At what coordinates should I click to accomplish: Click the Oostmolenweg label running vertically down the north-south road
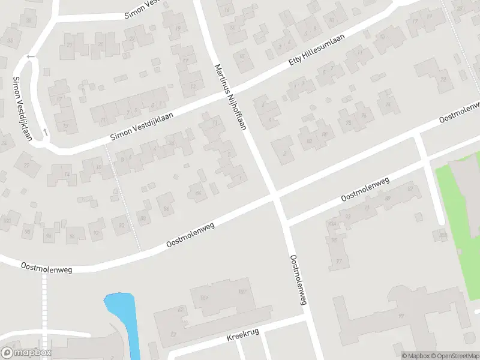click(x=298, y=280)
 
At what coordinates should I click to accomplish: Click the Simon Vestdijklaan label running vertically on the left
click(x=22, y=109)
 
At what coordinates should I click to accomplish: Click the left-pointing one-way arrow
click(x=30, y=57)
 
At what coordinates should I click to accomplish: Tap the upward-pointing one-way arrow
click(x=46, y=131)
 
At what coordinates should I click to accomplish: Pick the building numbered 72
click(x=443, y=79)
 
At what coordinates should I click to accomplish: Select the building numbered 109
click(x=205, y=298)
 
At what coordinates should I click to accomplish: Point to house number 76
click(x=364, y=116)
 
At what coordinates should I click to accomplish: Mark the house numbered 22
click(x=26, y=165)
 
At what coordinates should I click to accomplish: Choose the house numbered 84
click(x=166, y=209)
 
